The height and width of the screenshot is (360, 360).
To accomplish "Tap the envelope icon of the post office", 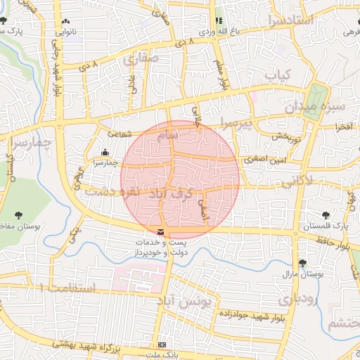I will point(162,232).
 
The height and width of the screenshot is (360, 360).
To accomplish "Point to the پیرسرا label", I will point(233,123).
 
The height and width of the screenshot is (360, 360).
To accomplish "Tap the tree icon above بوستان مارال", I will point(302,263).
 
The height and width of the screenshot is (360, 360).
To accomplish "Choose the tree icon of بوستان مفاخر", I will point(18,214).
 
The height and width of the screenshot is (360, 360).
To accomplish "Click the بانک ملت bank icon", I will point(162,345).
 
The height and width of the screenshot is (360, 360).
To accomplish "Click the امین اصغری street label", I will point(262,160).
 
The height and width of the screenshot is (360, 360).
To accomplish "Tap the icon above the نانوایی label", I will point(65,21).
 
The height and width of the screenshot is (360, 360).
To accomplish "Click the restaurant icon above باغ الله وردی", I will point(218,21).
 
